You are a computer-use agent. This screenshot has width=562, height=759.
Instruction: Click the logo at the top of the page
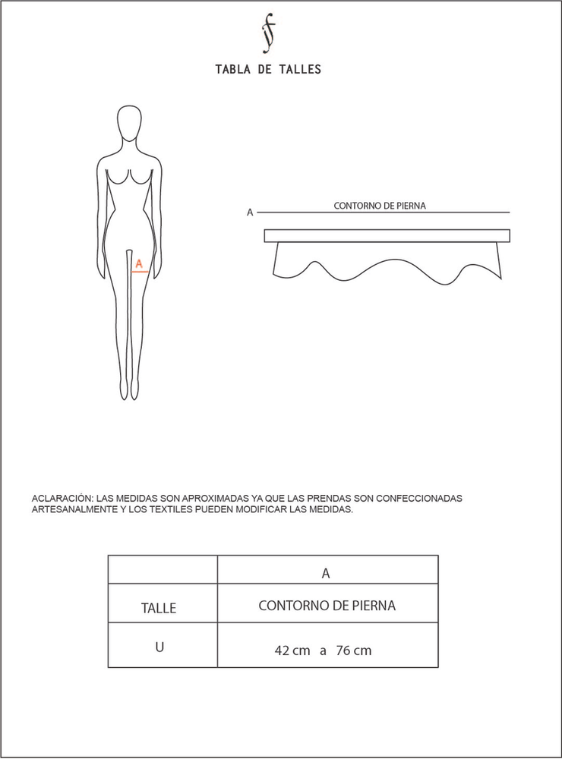(267, 34)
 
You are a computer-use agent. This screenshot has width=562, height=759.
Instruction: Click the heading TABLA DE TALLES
(268, 69)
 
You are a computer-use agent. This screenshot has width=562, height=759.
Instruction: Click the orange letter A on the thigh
(138, 263)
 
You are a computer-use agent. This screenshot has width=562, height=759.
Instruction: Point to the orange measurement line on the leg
(139, 270)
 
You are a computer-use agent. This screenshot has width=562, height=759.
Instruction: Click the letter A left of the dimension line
(250, 213)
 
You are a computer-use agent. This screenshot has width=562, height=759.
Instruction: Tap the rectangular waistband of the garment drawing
(387, 236)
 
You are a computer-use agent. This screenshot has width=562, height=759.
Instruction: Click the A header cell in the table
(327, 574)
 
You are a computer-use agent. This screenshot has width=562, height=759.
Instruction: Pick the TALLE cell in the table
(159, 608)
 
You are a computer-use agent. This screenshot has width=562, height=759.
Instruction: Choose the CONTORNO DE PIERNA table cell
(327, 606)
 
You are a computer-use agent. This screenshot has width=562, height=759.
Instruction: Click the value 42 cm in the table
(292, 650)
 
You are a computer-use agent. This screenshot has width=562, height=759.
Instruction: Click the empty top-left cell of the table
(163, 569)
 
